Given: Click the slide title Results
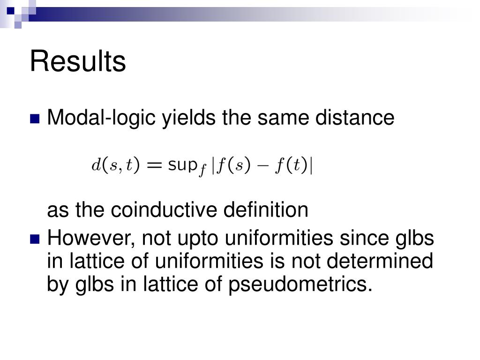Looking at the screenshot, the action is click(78, 61).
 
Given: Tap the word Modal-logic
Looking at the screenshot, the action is click(101, 118).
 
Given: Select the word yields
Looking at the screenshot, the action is click(188, 118).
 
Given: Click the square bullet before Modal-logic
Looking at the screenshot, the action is click(35, 119).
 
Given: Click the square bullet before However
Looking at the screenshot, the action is click(35, 239).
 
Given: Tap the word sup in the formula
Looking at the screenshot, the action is click(182, 165).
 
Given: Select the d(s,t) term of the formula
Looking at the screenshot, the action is click(115, 165).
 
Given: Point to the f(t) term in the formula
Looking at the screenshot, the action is click(291, 165).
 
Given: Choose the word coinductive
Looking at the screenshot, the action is click(164, 210).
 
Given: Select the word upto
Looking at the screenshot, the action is click(198, 239).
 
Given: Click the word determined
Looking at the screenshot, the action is click(380, 261).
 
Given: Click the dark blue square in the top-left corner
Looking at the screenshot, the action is click(11, 11).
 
